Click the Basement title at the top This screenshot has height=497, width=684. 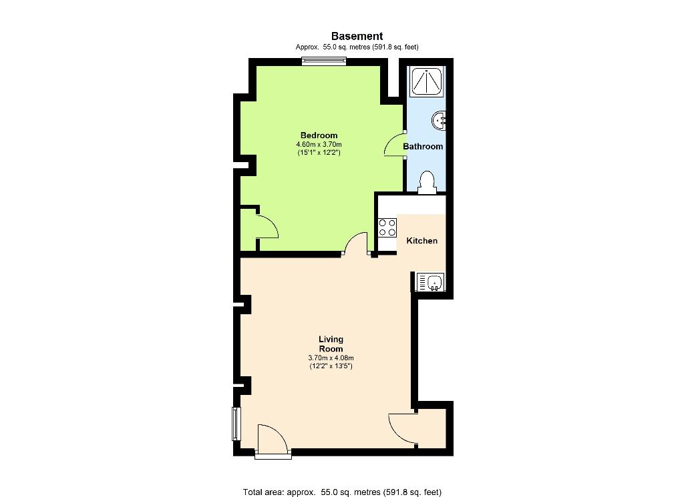click(x=357, y=36)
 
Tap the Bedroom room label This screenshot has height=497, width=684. click(x=319, y=135)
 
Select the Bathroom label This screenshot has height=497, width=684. click(x=423, y=146)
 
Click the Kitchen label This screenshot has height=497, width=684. click(x=422, y=240)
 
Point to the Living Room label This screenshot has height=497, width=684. click(x=331, y=344)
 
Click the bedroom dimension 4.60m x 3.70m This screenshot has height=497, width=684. click(x=319, y=144)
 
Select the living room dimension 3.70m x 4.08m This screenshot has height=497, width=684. click(x=331, y=358)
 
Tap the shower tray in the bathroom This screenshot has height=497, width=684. click(x=427, y=81)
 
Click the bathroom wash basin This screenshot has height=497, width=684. click(x=438, y=120)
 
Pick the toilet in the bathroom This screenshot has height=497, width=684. click(x=427, y=183)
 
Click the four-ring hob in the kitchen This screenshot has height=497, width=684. click(x=387, y=227)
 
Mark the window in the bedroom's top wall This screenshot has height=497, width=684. click(x=324, y=61)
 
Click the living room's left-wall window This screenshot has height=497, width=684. click(x=236, y=424)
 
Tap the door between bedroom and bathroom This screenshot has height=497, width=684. click(x=395, y=145)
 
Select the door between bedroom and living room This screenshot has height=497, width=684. click(x=357, y=243)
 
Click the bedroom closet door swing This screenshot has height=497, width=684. click(x=267, y=227)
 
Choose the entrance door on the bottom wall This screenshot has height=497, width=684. click(x=273, y=441)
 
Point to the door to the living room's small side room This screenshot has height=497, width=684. click(x=402, y=429)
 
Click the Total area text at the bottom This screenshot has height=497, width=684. click(x=342, y=492)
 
